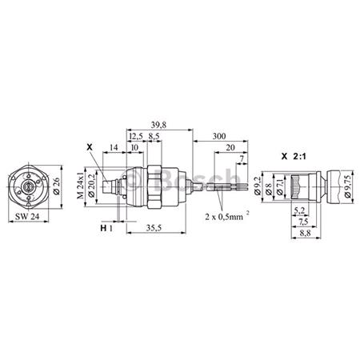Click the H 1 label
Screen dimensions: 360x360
coord(106,229)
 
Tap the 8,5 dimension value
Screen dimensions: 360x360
coord(153,137)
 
